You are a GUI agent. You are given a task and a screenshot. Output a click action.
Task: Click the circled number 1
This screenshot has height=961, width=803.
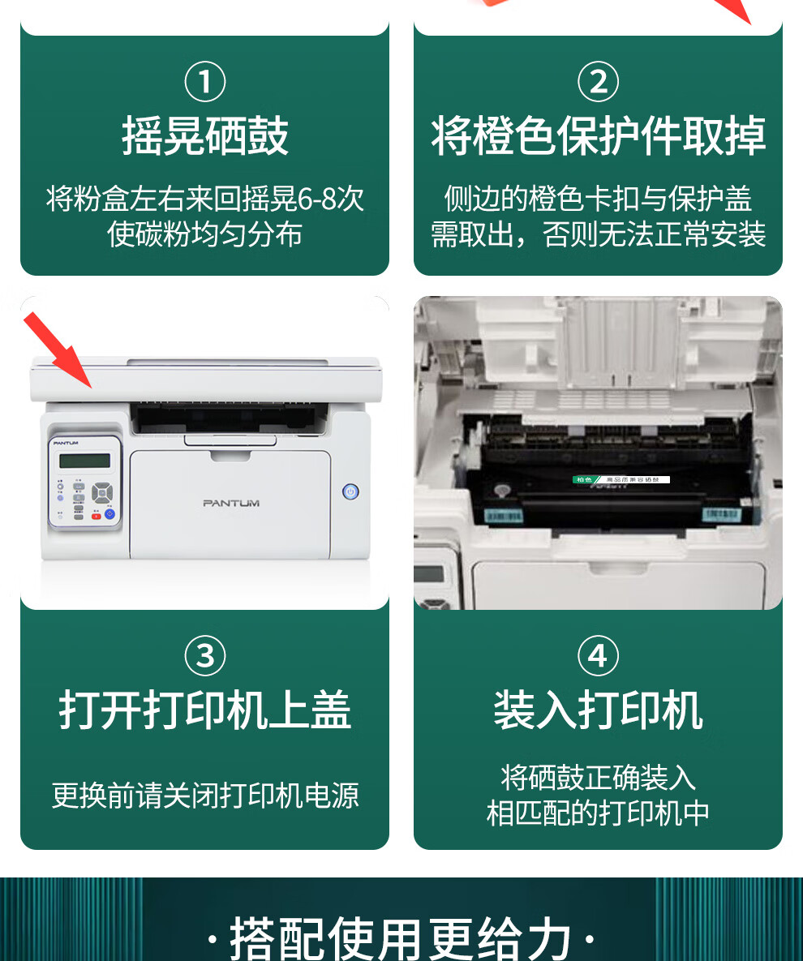(x=205, y=83)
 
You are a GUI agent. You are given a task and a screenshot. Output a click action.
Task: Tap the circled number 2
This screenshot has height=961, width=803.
(x=598, y=83)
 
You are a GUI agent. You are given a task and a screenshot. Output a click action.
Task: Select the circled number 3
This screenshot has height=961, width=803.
(x=205, y=655)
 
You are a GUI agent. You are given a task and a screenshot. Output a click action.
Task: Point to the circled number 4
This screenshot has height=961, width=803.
(x=598, y=655)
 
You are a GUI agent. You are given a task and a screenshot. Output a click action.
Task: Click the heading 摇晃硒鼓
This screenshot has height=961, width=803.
(x=205, y=136)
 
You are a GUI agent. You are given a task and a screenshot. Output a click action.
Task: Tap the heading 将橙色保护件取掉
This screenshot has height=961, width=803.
(x=598, y=136)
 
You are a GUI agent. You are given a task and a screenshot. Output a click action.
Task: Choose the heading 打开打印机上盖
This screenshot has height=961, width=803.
(x=205, y=710)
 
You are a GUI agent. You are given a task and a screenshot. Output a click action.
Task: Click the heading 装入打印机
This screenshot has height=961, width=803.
(x=598, y=710)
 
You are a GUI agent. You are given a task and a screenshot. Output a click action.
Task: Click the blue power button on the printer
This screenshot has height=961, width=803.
(x=350, y=491)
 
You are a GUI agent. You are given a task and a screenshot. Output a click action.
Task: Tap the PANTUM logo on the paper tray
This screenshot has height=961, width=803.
(x=231, y=504)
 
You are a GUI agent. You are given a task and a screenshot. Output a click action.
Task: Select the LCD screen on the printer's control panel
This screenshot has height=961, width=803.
(x=84, y=461)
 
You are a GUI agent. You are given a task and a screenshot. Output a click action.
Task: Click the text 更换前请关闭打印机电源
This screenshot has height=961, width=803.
(x=205, y=795)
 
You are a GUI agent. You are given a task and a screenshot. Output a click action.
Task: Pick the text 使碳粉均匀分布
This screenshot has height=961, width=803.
(x=205, y=234)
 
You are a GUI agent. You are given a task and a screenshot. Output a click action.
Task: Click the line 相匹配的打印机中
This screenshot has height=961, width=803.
(x=598, y=813)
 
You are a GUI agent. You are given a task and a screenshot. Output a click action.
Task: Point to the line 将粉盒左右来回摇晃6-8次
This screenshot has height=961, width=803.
(x=205, y=199)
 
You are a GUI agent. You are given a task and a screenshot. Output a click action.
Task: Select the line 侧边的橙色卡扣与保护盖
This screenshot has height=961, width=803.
(x=598, y=199)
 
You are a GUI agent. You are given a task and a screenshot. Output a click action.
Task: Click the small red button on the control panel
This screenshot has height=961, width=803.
(x=96, y=515)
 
